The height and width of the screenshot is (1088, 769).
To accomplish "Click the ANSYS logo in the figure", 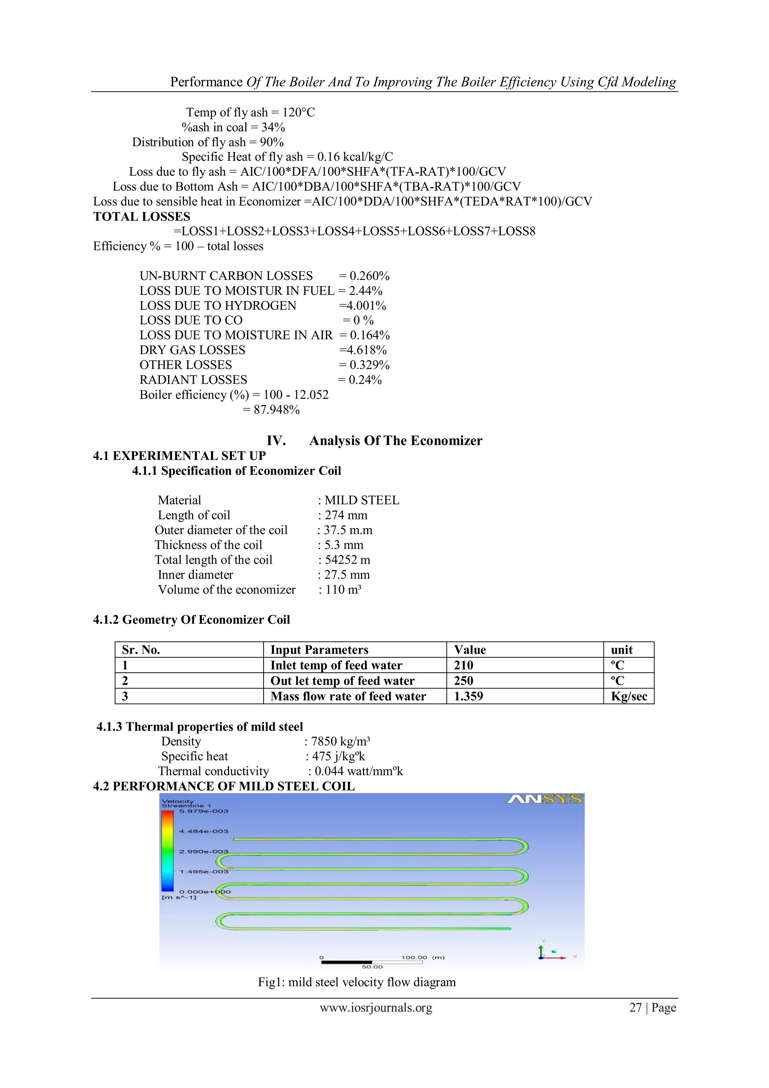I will pyautogui.click(x=544, y=800).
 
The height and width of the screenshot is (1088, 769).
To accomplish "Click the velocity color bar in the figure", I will pyautogui.click(x=167, y=851).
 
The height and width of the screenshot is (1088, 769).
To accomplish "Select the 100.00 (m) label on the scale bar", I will pyautogui.click(x=422, y=957).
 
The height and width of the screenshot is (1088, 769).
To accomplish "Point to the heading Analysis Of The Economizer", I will pyautogui.click(x=395, y=441).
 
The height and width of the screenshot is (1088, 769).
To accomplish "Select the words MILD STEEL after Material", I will pyautogui.click(x=362, y=500).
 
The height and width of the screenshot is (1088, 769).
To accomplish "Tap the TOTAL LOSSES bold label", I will pyautogui.click(x=142, y=216).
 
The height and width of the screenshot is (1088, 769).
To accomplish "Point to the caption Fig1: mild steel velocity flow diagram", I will pyautogui.click(x=357, y=982).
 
